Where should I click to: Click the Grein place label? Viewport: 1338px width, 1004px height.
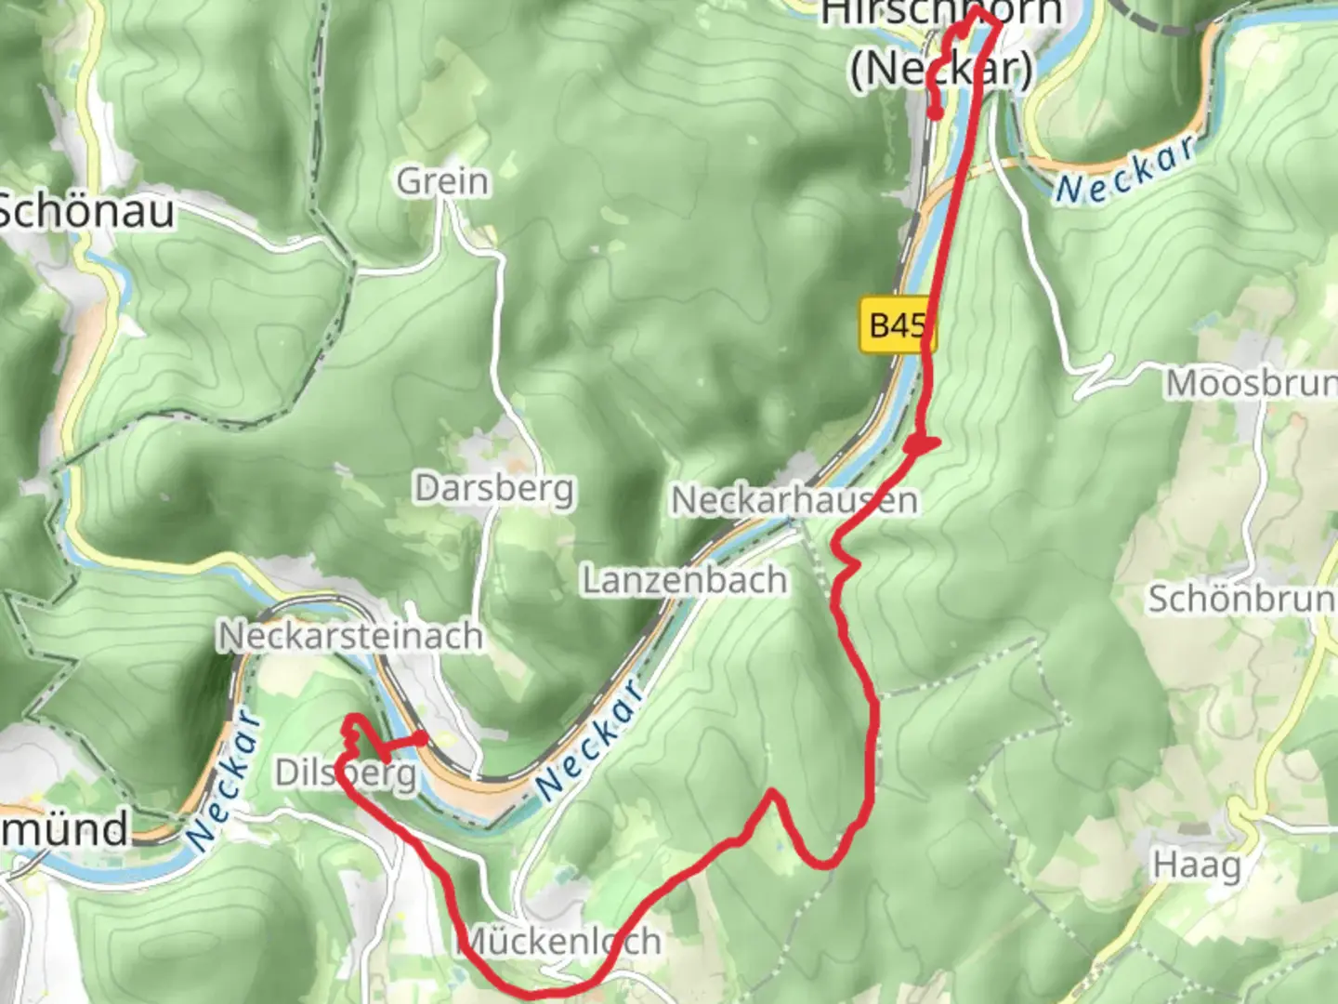pos(442,181)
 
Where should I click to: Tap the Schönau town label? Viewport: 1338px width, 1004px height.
pos(85,212)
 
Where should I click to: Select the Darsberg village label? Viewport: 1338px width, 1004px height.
pos(494,488)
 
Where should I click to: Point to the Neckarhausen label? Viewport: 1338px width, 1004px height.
pos(794,500)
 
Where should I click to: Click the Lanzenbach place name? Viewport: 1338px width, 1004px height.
pos(685,580)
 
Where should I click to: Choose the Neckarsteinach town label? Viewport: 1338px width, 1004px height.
pos(350,636)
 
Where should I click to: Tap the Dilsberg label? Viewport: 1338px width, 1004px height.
pos(346,773)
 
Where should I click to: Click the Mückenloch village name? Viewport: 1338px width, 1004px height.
pos(559,941)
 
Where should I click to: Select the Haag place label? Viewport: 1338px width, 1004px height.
pos(1197,865)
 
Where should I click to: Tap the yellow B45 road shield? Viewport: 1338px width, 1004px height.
pos(896,325)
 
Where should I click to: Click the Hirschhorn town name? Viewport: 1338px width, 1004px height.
pos(940,13)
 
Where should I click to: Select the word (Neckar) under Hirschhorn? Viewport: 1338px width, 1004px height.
pos(941,67)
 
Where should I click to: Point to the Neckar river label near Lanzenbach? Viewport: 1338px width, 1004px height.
pos(591,740)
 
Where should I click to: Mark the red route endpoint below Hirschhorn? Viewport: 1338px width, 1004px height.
pos(936,113)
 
